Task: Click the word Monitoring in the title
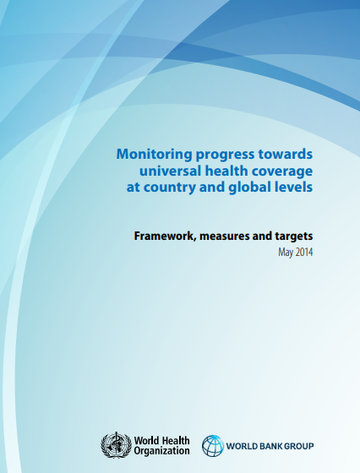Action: coord(154,155)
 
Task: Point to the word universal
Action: coord(170,171)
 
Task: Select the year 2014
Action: coord(304,252)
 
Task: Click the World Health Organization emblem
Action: coord(116,445)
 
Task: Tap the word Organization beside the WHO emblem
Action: coord(161,451)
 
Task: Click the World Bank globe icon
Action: coord(213,446)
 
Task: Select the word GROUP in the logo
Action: coord(297,446)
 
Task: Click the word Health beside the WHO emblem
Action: coord(175,441)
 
